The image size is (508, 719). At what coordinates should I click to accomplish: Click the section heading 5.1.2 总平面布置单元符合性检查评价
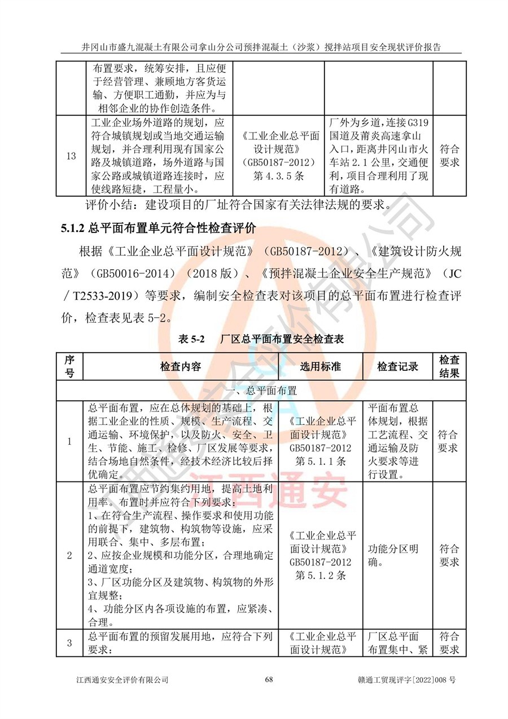click(159, 229)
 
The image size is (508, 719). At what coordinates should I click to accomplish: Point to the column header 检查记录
click(398, 366)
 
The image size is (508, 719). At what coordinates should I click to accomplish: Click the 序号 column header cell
click(69, 366)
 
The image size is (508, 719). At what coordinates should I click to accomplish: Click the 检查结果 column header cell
click(449, 366)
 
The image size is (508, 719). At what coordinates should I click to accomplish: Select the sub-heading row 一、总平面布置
click(261, 390)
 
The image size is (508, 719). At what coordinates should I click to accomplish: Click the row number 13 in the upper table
click(71, 156)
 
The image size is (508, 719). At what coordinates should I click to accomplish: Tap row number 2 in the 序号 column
click(69, 555)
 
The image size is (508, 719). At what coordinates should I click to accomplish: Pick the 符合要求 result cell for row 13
click(449, 156)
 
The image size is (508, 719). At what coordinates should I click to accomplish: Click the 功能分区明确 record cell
click(393, 555)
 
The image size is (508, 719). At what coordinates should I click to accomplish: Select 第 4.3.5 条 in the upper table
click(279, 176)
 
